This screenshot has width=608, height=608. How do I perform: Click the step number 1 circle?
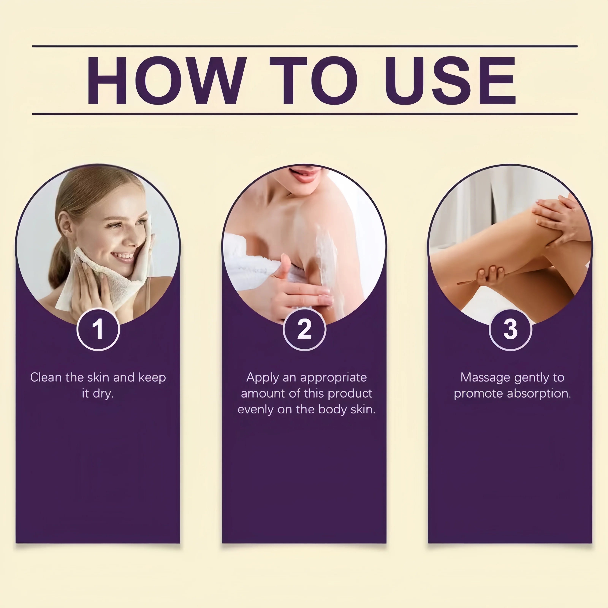98,329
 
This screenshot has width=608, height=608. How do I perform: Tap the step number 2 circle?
304,329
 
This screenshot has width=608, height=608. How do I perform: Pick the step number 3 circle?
511,329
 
